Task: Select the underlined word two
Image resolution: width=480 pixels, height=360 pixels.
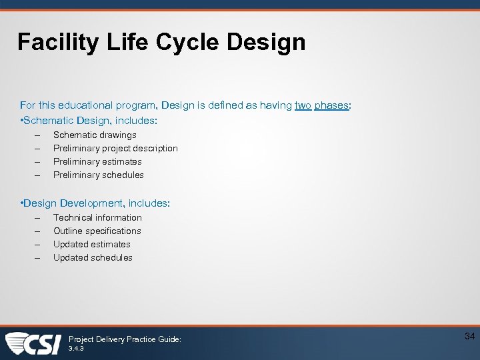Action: (x=303, y=105)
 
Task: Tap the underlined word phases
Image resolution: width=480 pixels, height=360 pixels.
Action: (x=331, y=105)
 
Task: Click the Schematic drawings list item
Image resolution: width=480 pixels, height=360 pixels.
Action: (x=95, y=135)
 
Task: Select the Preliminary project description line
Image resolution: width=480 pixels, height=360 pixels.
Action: (x=115, y=148)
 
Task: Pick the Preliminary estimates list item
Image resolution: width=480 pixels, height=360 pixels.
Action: (x=97, y=161)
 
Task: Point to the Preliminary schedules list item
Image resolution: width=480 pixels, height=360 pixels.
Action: (x=99, y=175)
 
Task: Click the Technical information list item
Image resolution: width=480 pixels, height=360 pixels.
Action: (x=97, y=217)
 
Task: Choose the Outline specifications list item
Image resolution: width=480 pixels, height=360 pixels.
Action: (x=97, y=231)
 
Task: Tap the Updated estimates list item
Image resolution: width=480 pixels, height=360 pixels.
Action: (x=92, y=244)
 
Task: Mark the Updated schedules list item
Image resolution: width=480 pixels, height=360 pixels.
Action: (x=93, y=257)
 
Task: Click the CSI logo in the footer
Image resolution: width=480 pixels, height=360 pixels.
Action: (x=33, y=343)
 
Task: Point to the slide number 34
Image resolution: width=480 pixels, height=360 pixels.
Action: (x=469, y=337)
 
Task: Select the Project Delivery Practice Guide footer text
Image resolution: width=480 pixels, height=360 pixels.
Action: (x=125, y=339)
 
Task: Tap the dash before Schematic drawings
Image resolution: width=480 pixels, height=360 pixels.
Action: (x=38, y=135)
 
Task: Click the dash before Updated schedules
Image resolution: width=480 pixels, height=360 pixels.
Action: (x=38, y=257)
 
